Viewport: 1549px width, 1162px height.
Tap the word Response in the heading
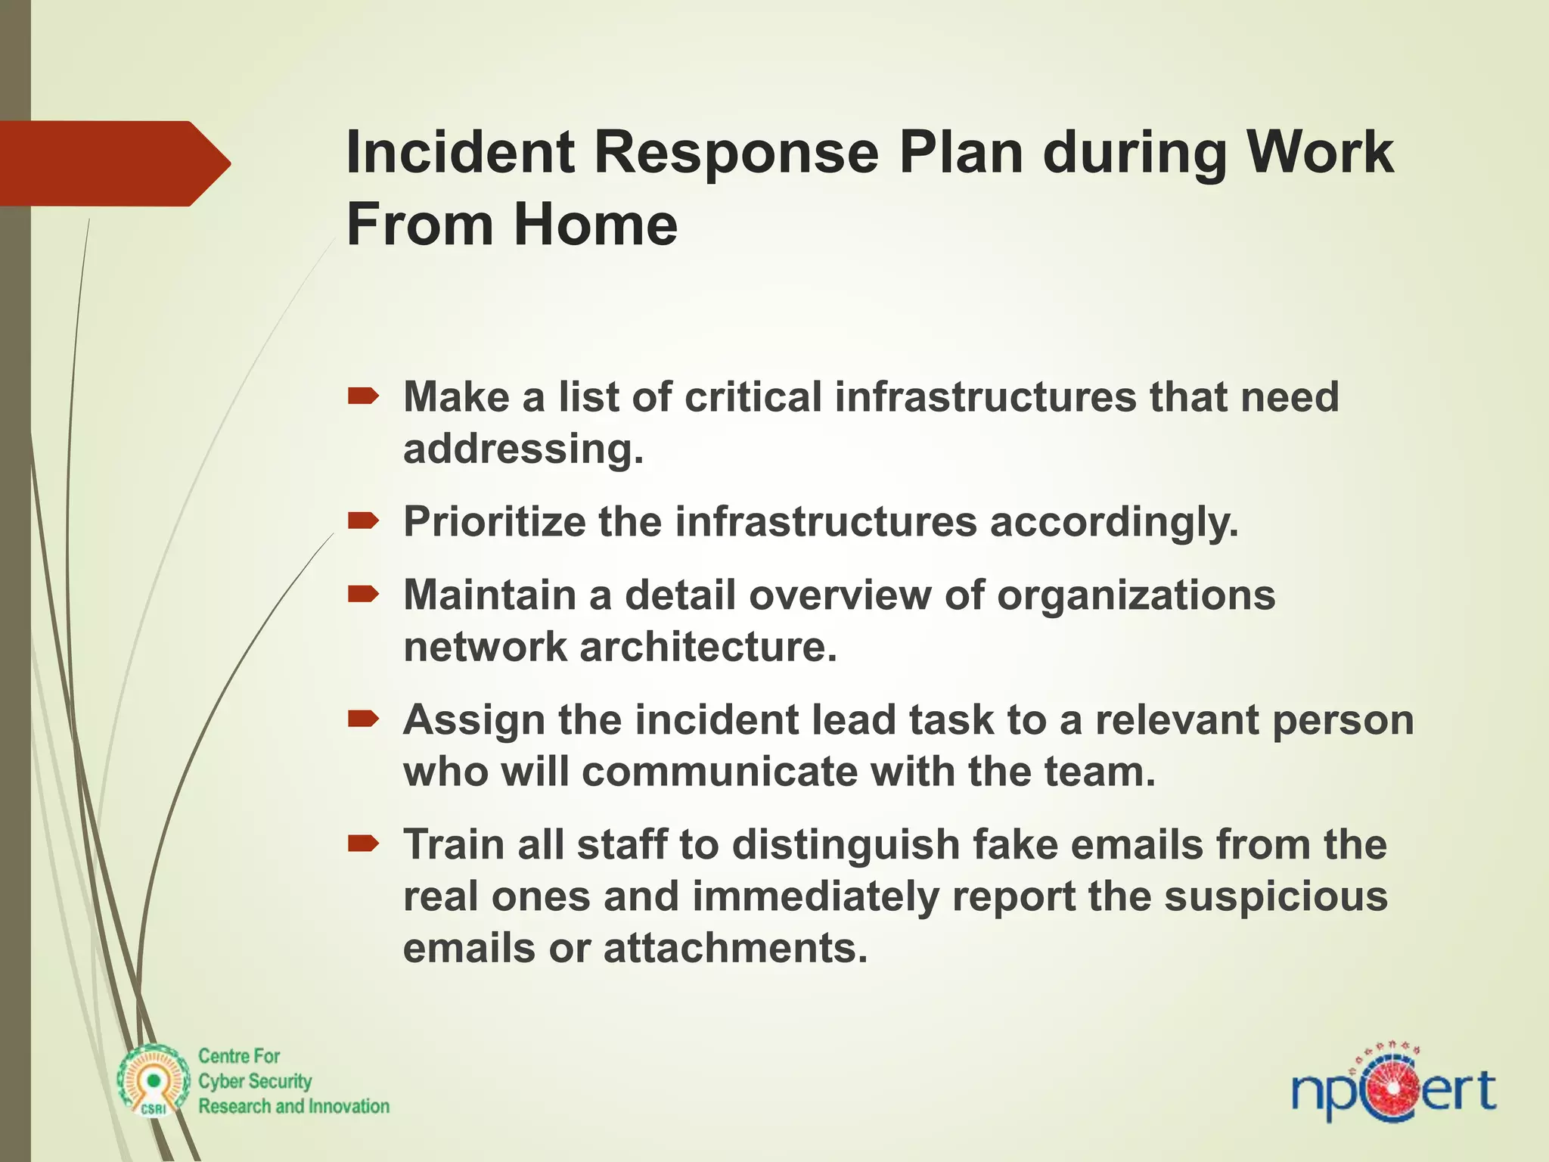(x=736, y=153)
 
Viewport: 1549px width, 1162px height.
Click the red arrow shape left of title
(x=113, y=163)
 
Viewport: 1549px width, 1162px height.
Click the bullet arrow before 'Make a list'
(x=363, y=396)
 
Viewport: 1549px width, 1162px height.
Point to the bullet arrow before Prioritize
(x=363, y=521)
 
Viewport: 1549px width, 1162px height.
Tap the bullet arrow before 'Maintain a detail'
(x=363, y=595)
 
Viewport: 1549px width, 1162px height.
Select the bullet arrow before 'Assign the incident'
(x=363, y=719)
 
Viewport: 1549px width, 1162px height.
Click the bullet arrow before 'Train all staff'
(x=363, y=844)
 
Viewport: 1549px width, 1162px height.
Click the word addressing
(x=523, y=449)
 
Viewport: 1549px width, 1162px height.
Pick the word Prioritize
(x=494, y=522)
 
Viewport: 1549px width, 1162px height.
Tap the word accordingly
(x=1114, y=522)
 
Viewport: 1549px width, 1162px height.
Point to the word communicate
(x=719, y=772)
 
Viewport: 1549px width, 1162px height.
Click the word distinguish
(x=846, y=845)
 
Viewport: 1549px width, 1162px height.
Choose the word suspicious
(x=1275, y=896)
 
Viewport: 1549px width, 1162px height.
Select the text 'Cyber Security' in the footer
(x=255, y=1082)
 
